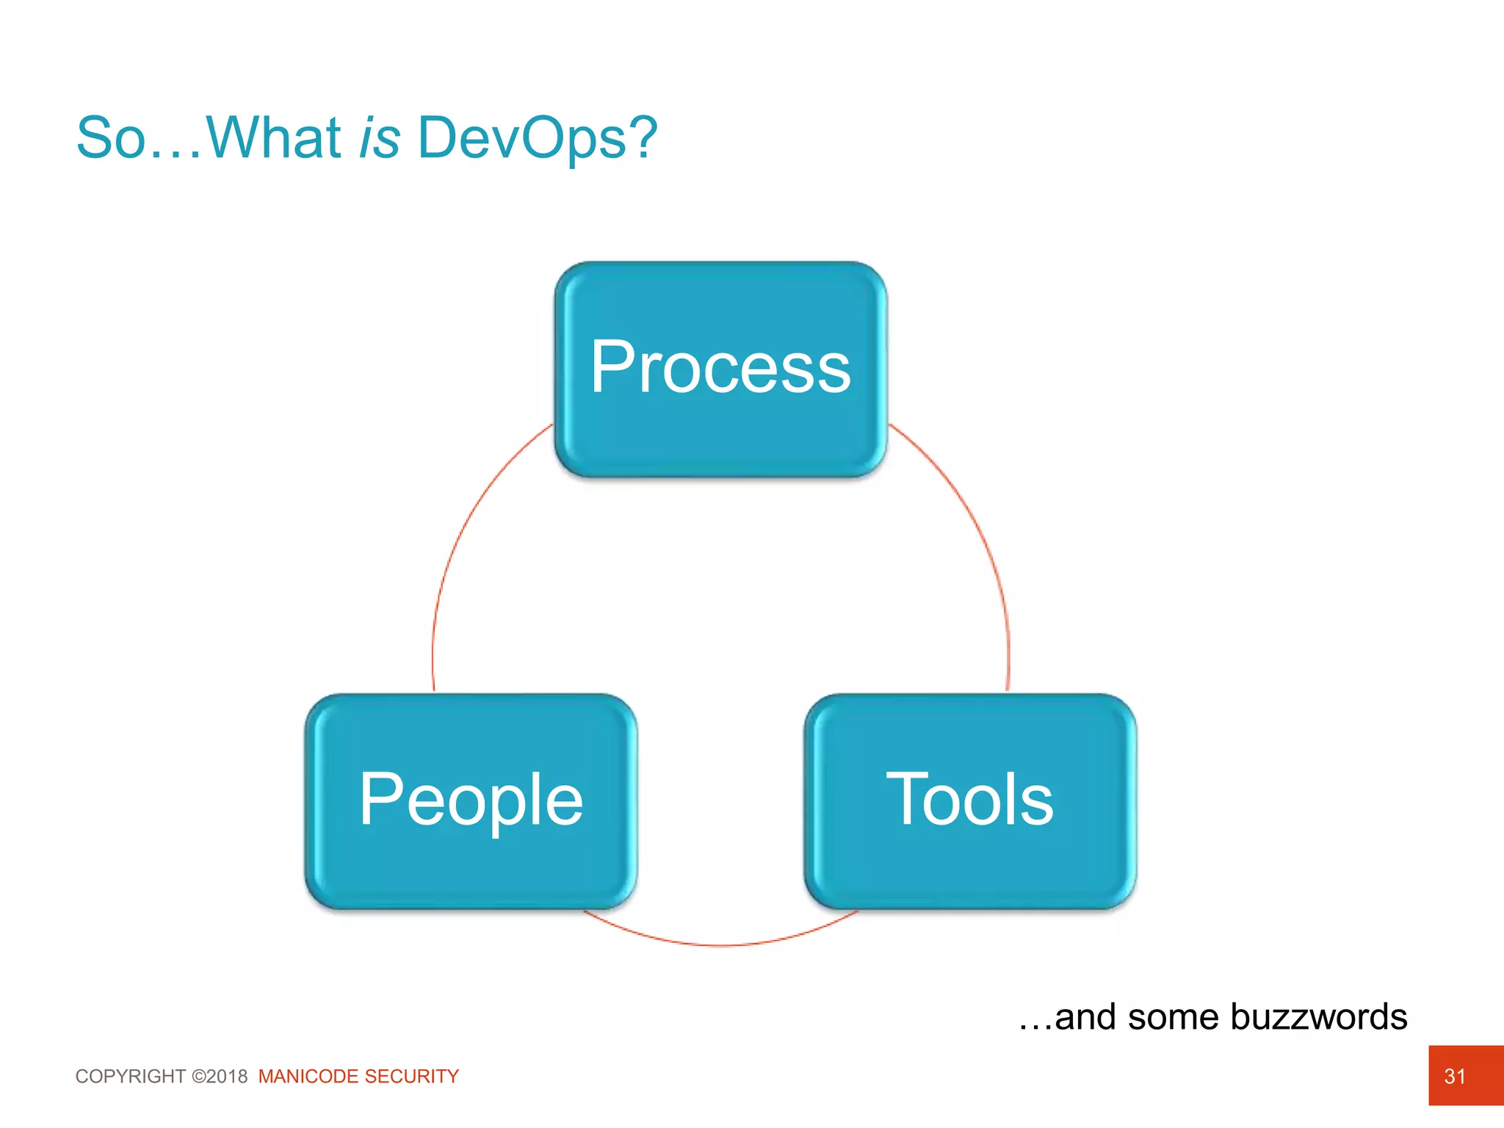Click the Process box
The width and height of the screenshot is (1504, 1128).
(720, 369)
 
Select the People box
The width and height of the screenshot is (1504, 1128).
(471, 801)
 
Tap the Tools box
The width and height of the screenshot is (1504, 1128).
(970, 801)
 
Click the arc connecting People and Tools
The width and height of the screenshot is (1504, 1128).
(720, 944)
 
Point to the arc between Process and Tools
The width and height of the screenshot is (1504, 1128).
(977, 529)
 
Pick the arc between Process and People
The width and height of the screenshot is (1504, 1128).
(464, 529)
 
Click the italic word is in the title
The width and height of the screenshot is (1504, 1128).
(380, 138)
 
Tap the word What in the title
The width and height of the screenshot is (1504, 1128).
(273, 138)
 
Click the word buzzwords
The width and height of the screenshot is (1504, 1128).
(1318, 1017)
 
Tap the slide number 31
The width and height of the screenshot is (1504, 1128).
(1455, 1076)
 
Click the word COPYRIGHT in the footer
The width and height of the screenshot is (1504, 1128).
(131, 1077)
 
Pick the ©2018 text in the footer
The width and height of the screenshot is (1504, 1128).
(220, 1077)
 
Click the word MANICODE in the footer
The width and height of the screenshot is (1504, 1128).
(308, 1077)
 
